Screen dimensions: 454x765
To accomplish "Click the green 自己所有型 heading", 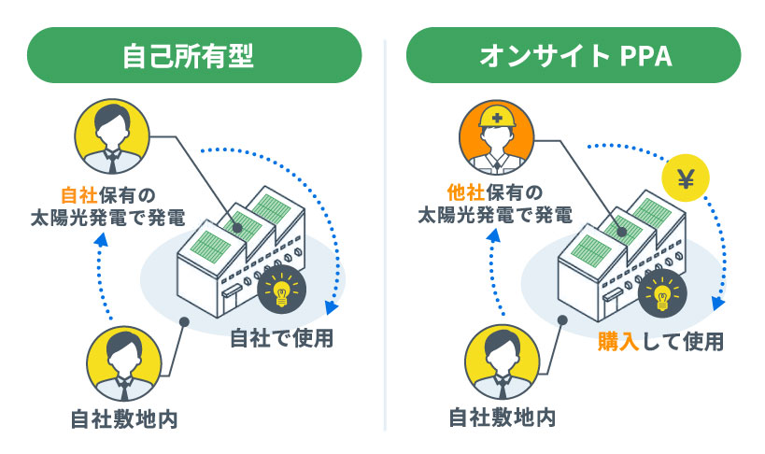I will (194, 55).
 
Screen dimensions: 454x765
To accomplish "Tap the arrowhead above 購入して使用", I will (717, 305).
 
